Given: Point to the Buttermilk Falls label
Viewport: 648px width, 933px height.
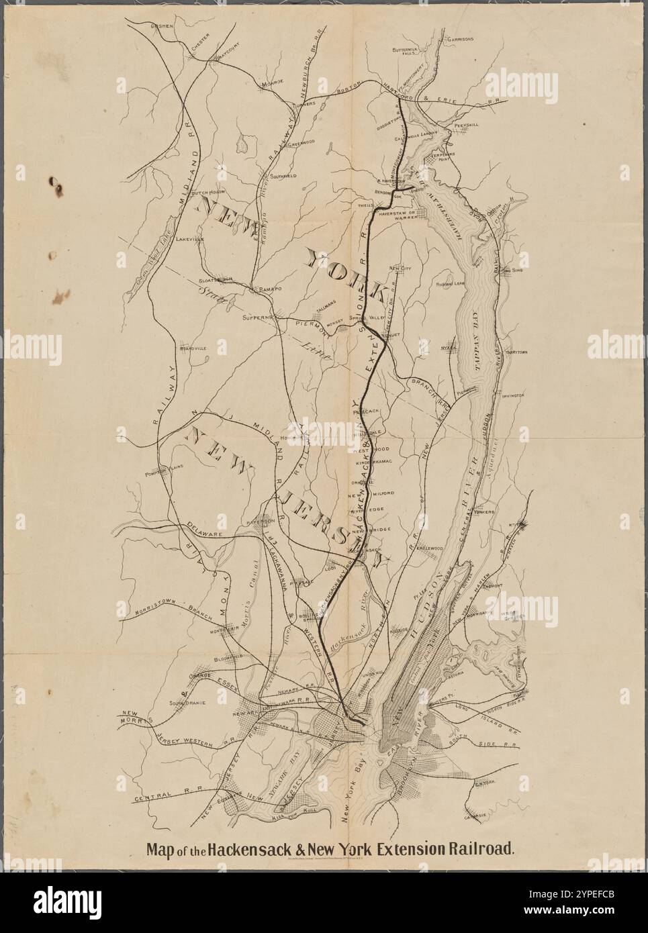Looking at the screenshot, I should coord(405,52).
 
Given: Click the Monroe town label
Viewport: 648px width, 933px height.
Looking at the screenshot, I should coord(273,83).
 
